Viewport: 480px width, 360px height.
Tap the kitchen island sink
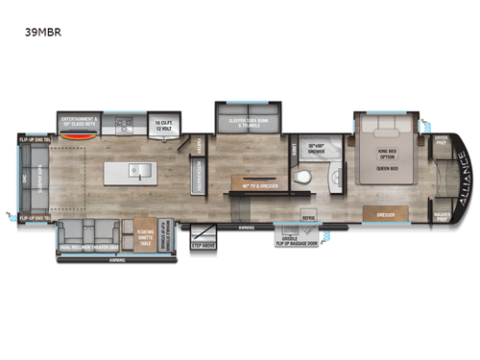(141, 174)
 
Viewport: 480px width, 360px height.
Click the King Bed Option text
(387, 155)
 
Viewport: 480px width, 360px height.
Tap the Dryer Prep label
(441, 138)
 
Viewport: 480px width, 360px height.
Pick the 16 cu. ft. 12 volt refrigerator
(162, 124)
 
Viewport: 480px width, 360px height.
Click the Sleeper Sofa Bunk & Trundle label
(248, 123)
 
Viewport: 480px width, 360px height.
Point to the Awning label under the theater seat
(116, 260)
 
